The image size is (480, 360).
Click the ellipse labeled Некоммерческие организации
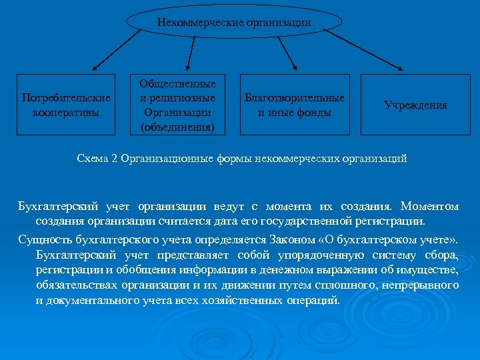234,22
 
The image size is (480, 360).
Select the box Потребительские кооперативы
65,105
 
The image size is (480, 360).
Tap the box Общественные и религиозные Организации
177,105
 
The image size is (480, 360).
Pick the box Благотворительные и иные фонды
295,105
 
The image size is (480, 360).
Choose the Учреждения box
415,105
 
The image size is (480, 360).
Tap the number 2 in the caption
115,159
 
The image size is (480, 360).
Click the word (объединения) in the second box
177,126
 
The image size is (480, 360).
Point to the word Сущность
41,240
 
